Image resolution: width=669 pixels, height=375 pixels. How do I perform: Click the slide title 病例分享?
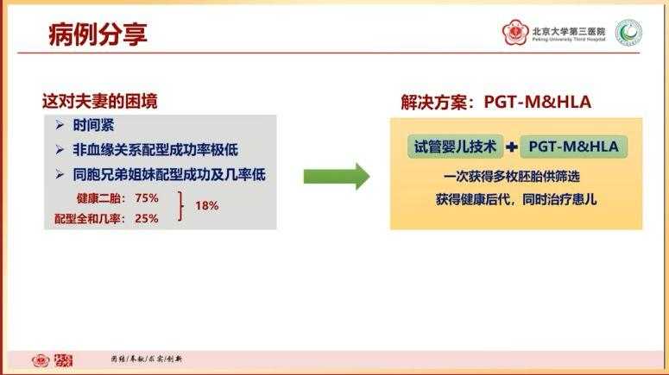pos(97,34)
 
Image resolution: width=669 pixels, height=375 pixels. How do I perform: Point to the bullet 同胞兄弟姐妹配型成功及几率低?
pos(168,174)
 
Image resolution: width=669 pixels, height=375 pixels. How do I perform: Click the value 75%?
pos(147,197)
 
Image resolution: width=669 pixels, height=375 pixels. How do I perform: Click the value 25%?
pos(147,218)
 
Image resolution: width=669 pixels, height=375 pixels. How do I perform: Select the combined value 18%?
pos(206,206)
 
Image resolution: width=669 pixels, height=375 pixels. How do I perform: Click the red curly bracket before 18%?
pos(181,207)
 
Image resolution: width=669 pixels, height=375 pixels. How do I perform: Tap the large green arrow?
pos(336,177)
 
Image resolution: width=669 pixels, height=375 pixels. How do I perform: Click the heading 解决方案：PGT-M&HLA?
pos(495,103)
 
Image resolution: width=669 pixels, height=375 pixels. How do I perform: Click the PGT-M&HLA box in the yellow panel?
pos(574,146)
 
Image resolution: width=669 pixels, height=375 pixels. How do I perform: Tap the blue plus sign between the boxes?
pos(511,147)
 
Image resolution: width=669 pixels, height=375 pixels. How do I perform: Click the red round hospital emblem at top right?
pos(516,34)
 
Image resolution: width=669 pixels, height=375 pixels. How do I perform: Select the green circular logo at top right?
pos(629,34)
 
